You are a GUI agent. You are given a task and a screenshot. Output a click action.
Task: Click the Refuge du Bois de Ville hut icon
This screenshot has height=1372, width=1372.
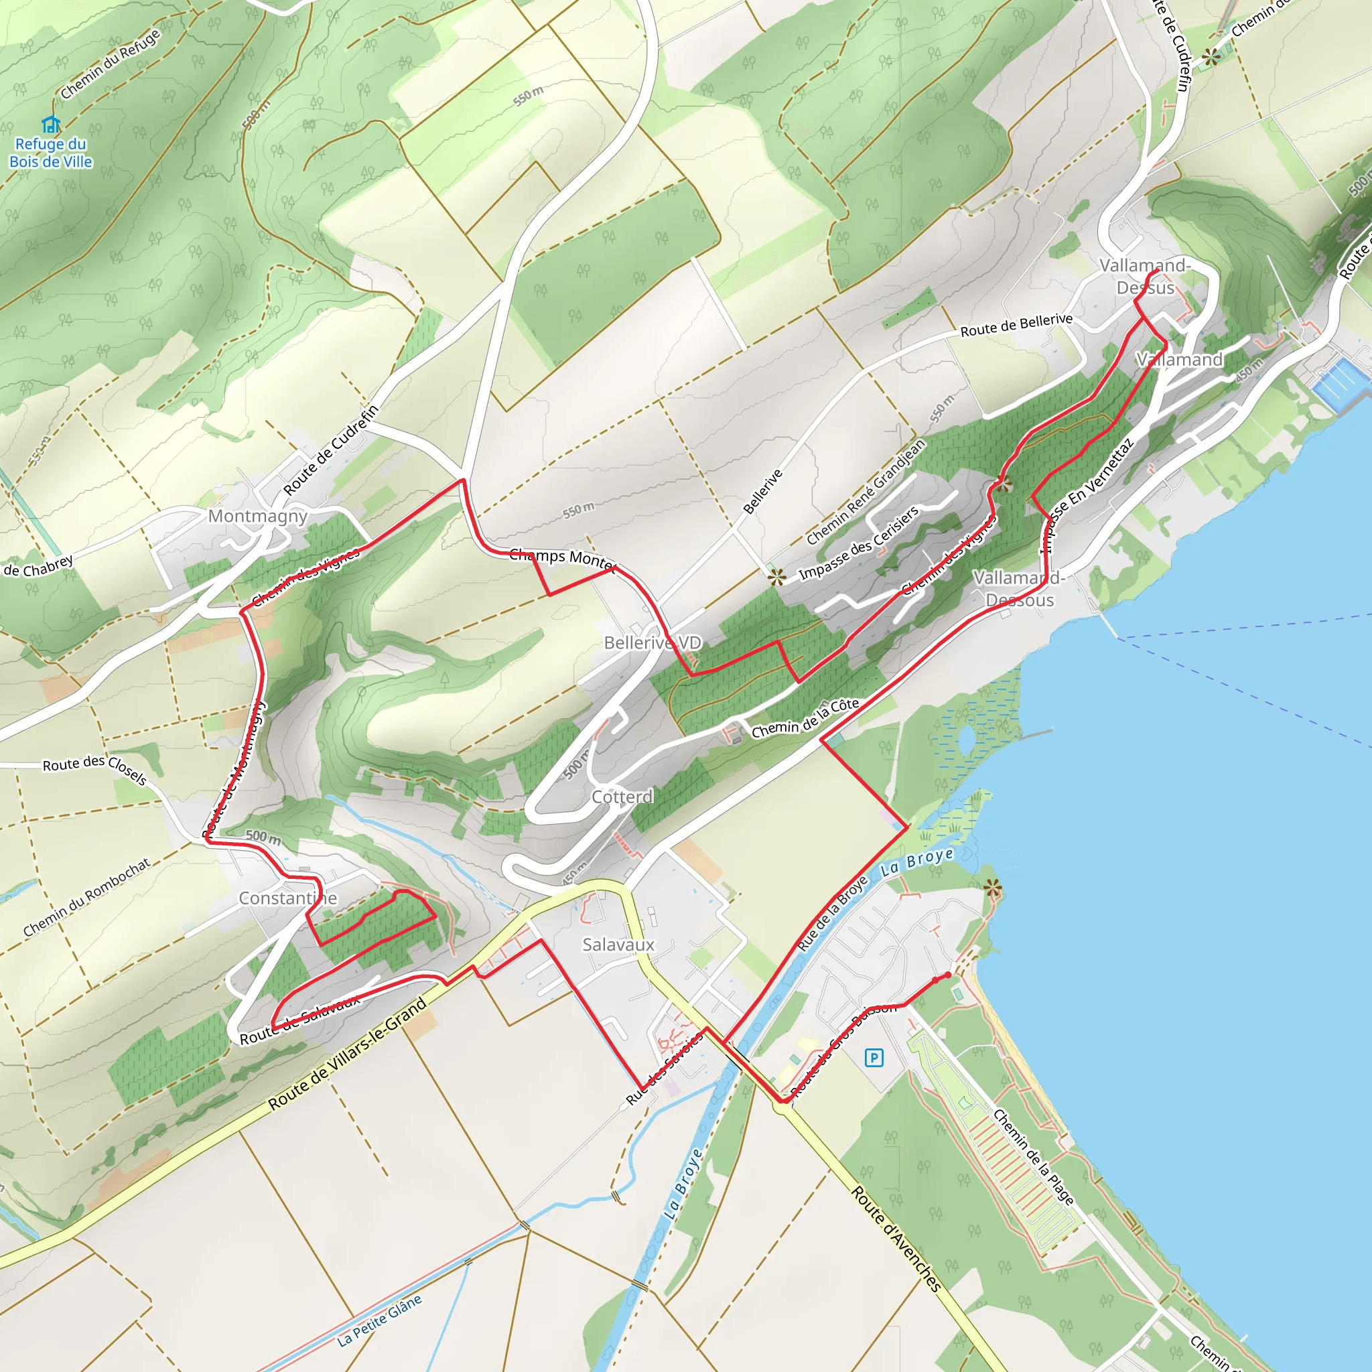[50, 125]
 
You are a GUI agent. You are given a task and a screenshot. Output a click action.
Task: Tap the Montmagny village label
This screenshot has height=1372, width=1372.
[257, 517]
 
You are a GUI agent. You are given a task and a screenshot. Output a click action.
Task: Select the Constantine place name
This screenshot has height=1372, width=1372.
[287, 898]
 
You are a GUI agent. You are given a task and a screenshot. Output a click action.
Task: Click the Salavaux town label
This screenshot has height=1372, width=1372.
[618, 945]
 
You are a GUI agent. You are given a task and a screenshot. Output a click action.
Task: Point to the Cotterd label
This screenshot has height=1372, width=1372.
[622, 797]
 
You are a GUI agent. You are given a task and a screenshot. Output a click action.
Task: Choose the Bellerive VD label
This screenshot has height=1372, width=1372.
[652, 642]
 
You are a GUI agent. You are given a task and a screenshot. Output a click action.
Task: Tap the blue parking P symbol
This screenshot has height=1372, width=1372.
[874, 1058]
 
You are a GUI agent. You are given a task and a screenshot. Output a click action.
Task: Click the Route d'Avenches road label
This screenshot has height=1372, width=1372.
[896, 1239]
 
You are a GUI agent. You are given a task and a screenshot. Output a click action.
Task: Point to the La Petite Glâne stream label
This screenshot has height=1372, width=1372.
[379, 1320]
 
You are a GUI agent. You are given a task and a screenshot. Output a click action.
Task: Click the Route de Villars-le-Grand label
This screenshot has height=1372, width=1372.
[347, 1054]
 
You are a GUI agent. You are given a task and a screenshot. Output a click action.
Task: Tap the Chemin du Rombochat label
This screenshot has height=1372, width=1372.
[86, 898]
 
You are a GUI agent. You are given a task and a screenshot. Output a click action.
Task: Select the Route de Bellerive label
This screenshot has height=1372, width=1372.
[1016, 325]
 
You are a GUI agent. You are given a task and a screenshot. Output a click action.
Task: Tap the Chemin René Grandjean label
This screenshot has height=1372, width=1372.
[866, 492]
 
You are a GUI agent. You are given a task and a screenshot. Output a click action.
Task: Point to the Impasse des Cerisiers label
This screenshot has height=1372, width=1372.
[859, 543]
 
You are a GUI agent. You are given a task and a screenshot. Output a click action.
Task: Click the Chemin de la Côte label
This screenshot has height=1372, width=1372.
[805, 718]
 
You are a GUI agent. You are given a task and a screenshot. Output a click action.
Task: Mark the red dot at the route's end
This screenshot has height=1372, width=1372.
[948, 975]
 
